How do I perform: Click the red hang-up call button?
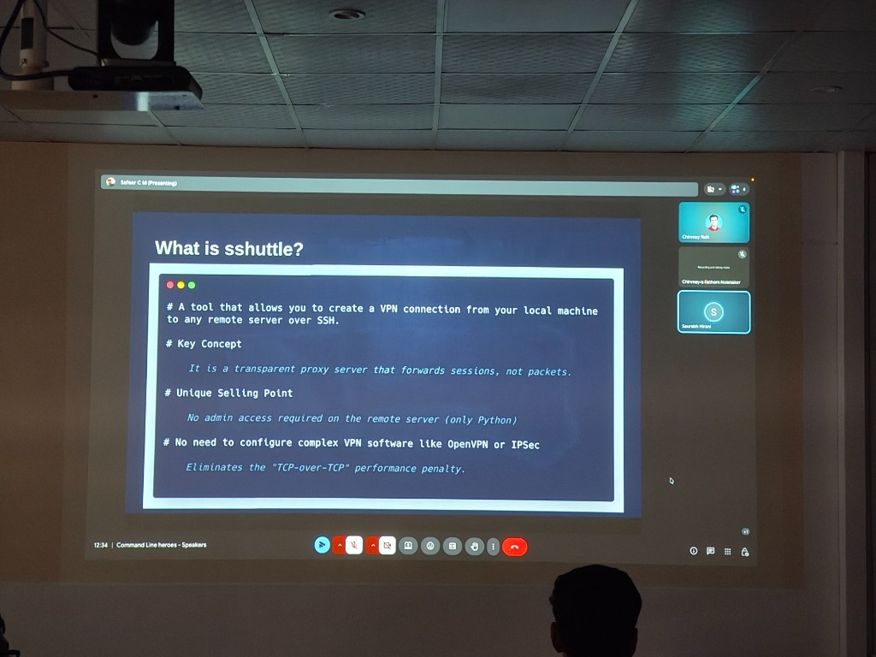[514, 546]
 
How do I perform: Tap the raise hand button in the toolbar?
[474, 546]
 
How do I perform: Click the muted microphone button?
[354, 545]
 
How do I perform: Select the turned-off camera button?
[387, 545]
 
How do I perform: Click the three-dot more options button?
[493, 546]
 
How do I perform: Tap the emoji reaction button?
[430, 546]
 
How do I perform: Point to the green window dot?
[192, 285]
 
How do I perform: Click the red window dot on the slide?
[170, 285]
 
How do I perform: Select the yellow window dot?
[181, 285]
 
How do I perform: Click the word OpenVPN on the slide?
[468, 444]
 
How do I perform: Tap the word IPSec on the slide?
[525, 444]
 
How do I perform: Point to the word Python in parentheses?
[495, 419]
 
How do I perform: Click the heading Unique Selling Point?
[234, 394]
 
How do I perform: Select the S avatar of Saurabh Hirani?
[713, 311]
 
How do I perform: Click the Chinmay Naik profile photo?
[713, 222]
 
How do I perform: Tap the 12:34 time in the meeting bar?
[101, 545]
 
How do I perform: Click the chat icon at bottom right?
[710, 551]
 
